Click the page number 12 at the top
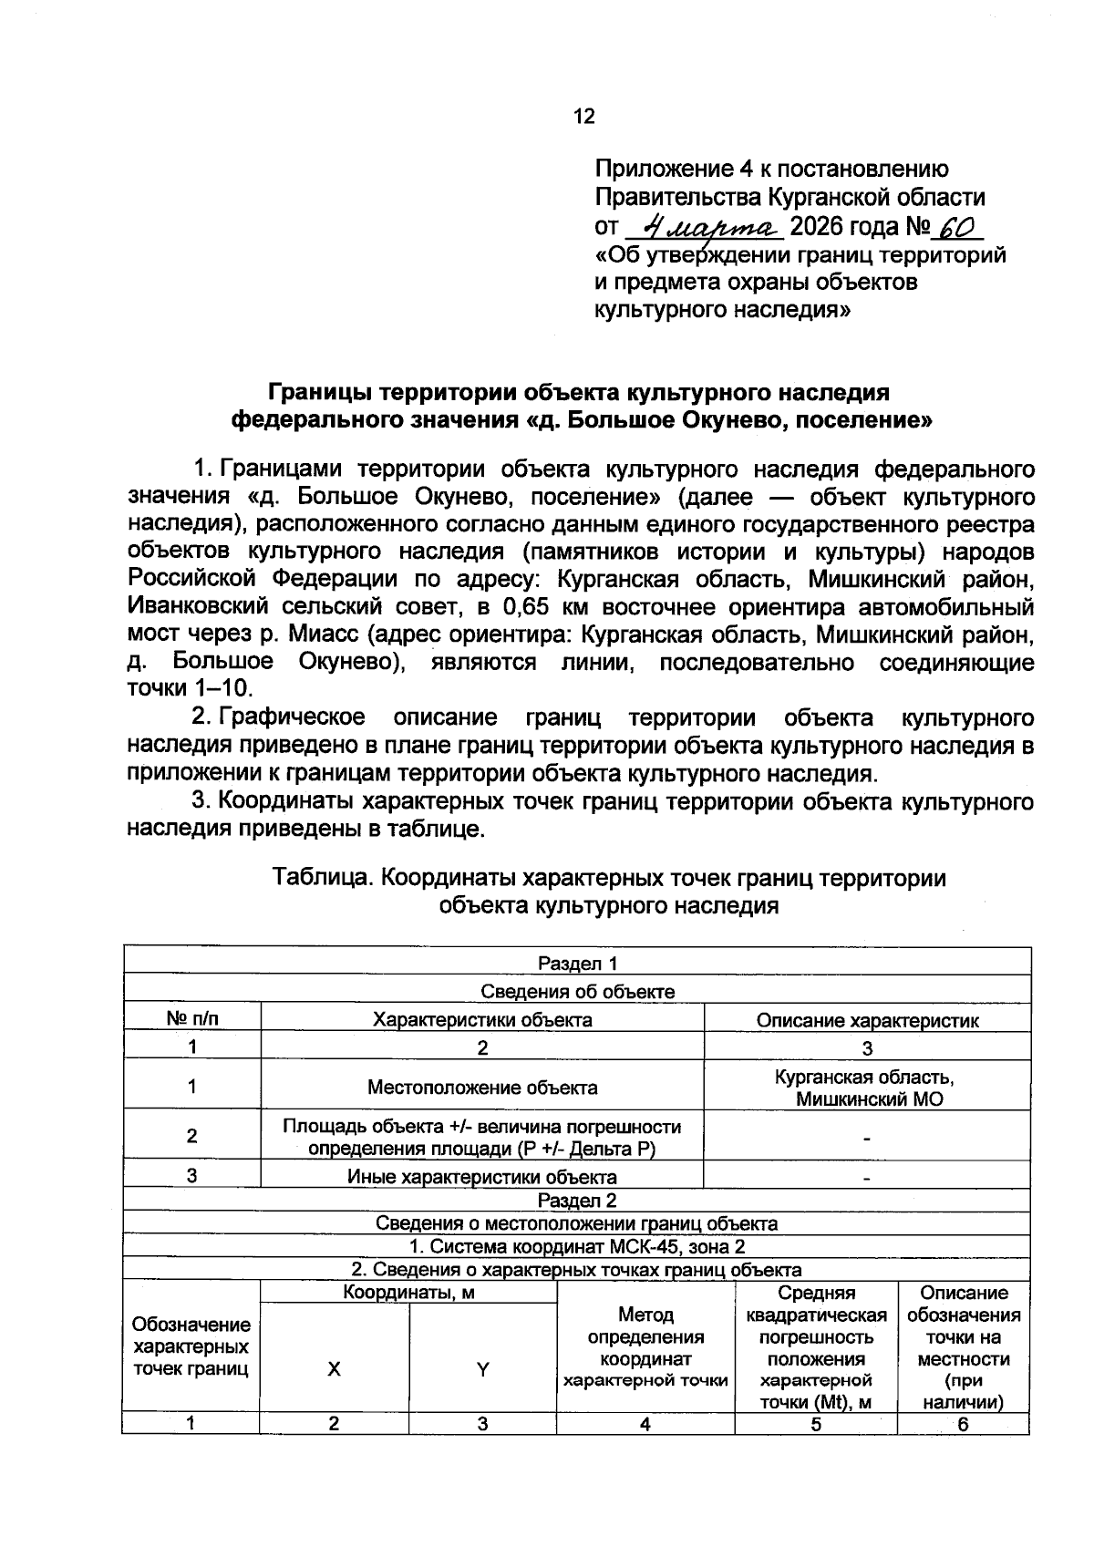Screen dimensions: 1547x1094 point(583,117)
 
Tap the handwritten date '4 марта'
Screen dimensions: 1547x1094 point(707,225)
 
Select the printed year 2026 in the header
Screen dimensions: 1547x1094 point(819,226)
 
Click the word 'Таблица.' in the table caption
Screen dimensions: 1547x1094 point(324,878)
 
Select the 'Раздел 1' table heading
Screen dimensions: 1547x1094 point(578,964)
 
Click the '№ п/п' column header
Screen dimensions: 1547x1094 point(192,1019)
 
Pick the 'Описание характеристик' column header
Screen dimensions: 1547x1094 point(867,1020)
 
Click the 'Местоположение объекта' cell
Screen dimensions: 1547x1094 point(482,1087)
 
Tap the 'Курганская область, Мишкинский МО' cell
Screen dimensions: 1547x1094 point(867,1087)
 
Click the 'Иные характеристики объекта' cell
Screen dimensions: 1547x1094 point(482,1177)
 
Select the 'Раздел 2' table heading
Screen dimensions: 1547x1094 point(578,1201)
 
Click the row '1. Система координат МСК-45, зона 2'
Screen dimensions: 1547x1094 point(578,1246)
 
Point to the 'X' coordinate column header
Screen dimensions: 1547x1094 point(335,1368)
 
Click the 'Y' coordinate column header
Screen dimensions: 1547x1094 point(483,1368)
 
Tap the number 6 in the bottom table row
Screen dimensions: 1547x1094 point(964,1424)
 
